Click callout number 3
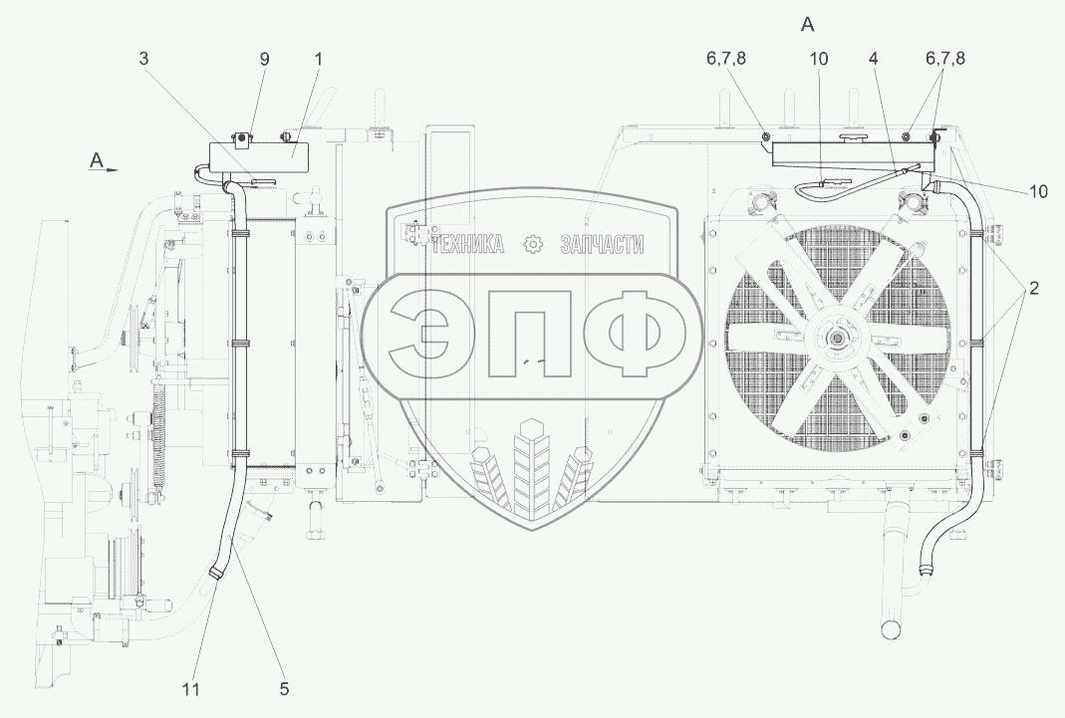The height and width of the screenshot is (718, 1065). (x=144, y=59)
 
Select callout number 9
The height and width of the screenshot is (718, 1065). (x=264, y=59)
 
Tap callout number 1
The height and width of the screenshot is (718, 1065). (x=318, y=59)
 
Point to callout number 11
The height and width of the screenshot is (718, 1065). (x=191, y=689)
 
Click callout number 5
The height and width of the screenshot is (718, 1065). (x=284, y=689)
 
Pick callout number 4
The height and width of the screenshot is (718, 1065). (x=874, y=59)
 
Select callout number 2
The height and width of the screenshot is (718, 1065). (x=1033, y=289)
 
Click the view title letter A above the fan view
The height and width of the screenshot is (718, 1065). (x=808, y=25)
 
